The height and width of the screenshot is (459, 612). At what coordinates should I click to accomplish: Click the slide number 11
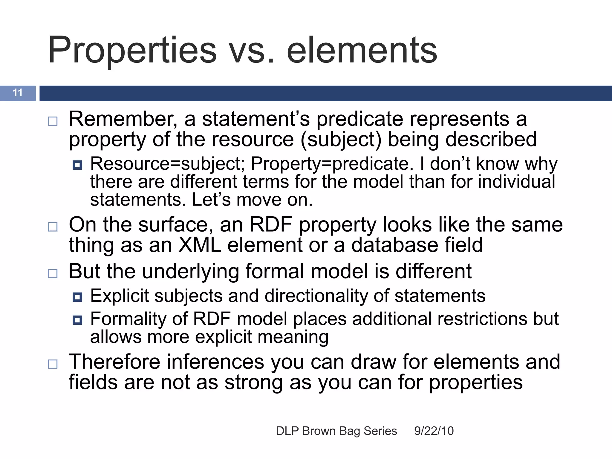click(18, 93)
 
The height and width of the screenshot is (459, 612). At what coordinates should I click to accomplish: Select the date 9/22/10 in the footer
click(434, 431)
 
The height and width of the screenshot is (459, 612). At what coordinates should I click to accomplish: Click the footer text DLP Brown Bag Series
click(336, 431)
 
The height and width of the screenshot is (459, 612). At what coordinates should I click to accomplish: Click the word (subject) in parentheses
click(341, 140)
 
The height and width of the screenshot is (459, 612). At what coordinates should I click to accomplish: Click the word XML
click(200, 245)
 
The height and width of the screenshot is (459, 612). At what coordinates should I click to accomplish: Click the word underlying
click(190, 271)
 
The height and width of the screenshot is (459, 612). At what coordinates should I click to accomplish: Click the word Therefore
click(115, 362)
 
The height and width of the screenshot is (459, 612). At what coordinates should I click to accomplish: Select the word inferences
click(215, 362)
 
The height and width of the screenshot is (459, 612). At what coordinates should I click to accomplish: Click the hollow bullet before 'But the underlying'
click(53, 273)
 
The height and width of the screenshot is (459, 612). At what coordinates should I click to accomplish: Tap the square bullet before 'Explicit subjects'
click(77, 297)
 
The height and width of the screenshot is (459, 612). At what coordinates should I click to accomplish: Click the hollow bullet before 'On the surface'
click(53, 227)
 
